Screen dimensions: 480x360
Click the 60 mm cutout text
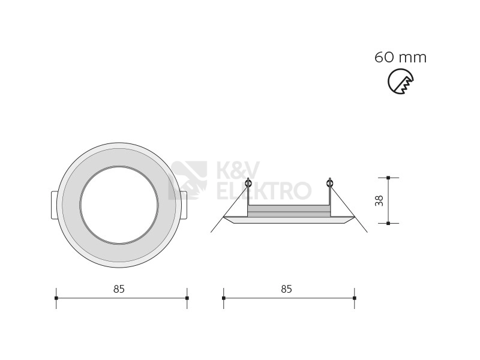click(400, 57)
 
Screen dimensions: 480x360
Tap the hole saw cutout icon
click(400, 81)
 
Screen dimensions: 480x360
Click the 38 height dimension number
click(379, 200)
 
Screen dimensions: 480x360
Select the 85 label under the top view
click(119, 289)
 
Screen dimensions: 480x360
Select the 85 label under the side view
click(287, 289)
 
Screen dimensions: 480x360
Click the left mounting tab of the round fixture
click(53, 205)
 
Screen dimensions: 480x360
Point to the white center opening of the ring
click(119, 205)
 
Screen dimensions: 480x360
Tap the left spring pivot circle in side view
click(248, 184)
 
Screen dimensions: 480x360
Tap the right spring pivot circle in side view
click(329, 184)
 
